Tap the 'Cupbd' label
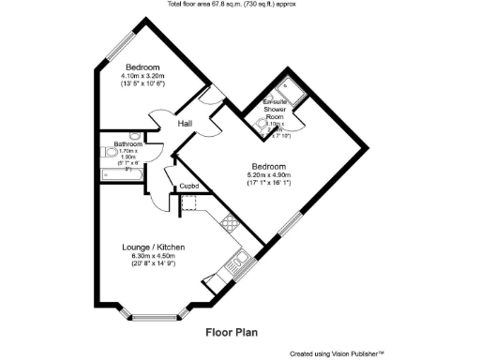[x=188, y=186]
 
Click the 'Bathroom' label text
[x=128, y=144]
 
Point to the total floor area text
[x=238, y=6]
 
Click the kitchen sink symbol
[x=241, y=260]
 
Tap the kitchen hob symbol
[x=227, y=222]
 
